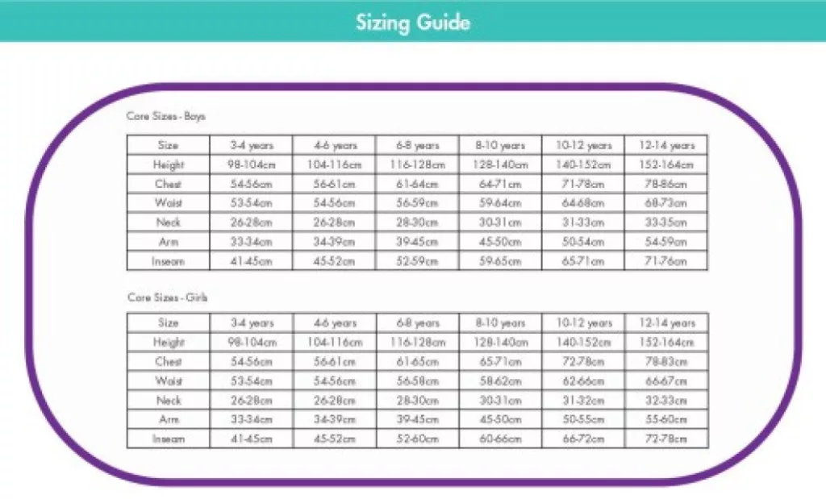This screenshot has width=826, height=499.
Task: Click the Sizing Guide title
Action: (x=412, y=22)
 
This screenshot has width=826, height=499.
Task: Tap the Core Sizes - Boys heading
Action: (x=166, y=116)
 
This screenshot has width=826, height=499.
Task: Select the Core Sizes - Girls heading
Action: (x=167, y=297)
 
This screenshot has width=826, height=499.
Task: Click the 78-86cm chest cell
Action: (x=665, y=184)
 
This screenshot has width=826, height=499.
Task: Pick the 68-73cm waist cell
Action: (x=665, y=203)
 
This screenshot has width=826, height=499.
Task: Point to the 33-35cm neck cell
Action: (x=665, y=222)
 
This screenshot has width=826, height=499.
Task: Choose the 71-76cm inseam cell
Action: (x=665, y=261)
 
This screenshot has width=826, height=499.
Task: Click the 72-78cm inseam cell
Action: (x=665, y=439)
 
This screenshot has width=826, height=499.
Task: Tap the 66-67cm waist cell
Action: (x=665, y=381)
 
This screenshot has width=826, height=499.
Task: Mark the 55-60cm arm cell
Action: (x=665, y=420)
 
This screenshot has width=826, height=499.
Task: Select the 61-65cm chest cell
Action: (x=417, y=362)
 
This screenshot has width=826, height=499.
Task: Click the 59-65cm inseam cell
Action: (x=501, y=261)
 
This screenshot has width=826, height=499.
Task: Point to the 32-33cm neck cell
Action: (x=665, y=401)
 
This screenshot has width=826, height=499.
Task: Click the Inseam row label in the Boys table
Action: (x=169, y=261)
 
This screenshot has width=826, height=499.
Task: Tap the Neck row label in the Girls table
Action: (x=169, y=401)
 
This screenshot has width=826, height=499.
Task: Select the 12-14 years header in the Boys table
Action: (x=665, y=146)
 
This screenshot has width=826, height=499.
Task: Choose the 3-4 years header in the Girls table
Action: (x=252, y=323)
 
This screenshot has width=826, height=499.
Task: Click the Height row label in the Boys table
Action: (x=169, y=165)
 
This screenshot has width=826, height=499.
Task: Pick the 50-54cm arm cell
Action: (x=583, y=242)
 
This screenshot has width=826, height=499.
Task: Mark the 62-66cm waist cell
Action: (x=583, y=381)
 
